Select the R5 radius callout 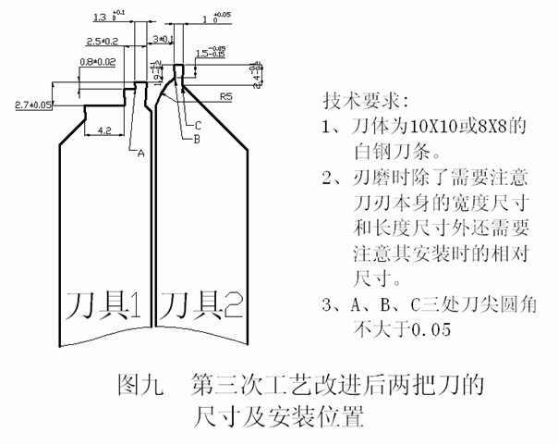tap(226, 96)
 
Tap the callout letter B tap(197, 138)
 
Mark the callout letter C tap(198, 125)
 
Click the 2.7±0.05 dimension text tap(33, 105)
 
